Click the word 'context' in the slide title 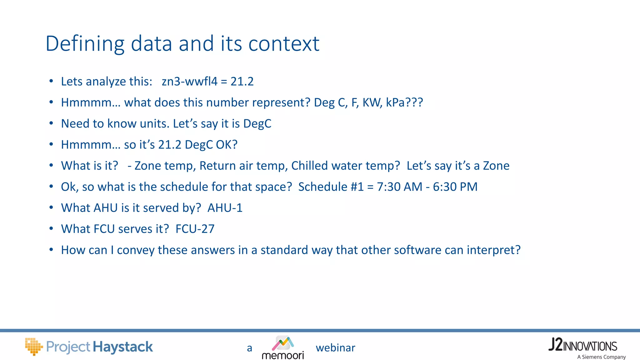pyautogui.click(x=284, y=43)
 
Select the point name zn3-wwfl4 pyautogui.click(x=189, y=82)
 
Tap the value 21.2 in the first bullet pyautogui.click(x=242, y=82)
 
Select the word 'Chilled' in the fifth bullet pyautogui.click(x=309, y=166)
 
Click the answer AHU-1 pyautogui.click(x=225, y=208)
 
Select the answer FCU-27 pyautogui.click(x=195, y=229)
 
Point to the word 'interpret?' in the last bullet pyautogui.click(x=494, y=250)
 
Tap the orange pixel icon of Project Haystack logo pyautogui.click(x=33, y=346)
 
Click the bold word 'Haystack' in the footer pyautogui.click(x=123, y=347)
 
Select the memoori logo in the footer pyautogui.click(x=283, y=348)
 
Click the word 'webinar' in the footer pyautogui.click(x=335, y=348)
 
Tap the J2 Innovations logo pyautogui.click(x=582, y=345)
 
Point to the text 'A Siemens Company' pyautogui.click(x=601, y=357)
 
